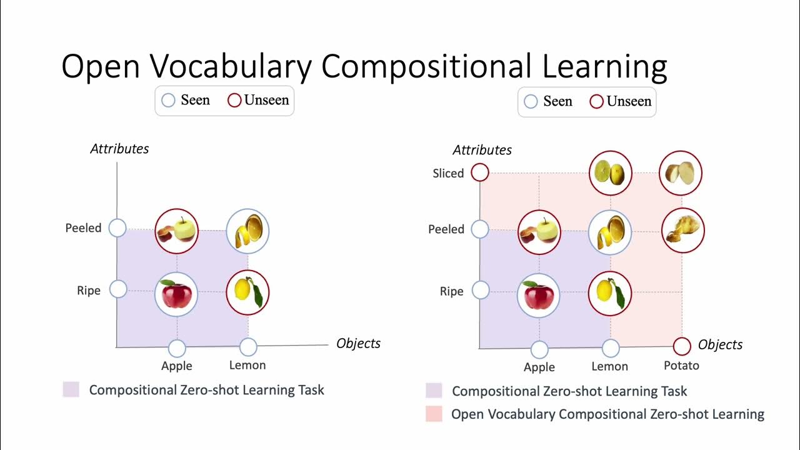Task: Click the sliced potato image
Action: click(681, 172)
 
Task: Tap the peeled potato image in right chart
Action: click(683, 230)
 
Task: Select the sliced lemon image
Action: click(611, 172)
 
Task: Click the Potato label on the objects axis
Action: click(681, 366)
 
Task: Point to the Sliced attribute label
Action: click(448, 173)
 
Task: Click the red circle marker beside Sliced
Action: click(480, 172)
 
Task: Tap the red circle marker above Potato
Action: click(682, 346)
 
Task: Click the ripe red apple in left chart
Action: click(176, 294)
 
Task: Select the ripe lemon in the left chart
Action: click(247, 292)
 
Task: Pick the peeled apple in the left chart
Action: click(176, 231)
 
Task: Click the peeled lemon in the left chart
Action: click(247, 231)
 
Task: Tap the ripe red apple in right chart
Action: click(539, 295)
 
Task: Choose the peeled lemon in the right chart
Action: click(610, 232)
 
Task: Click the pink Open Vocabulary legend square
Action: click(434, 414)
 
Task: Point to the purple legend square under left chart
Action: click(71, 390)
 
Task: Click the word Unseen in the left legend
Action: click(267, 100)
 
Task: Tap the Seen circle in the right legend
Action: click(531, 101)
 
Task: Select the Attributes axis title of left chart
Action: click(119, 149)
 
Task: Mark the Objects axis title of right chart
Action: click(720, 344)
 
